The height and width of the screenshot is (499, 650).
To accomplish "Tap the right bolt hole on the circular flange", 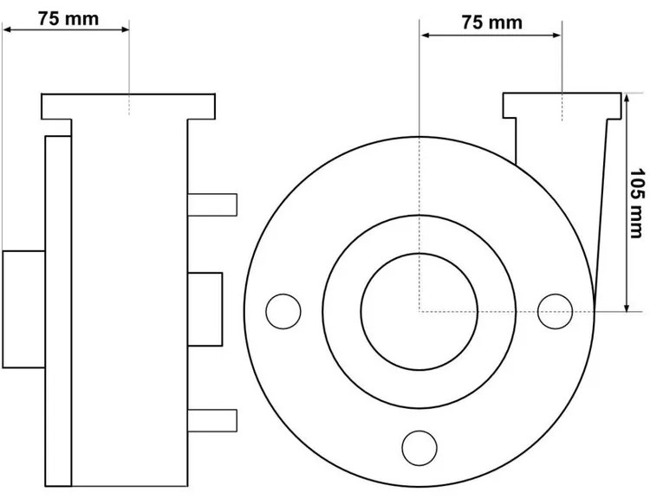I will point(555,310).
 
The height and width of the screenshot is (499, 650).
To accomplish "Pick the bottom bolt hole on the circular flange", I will point(419,446).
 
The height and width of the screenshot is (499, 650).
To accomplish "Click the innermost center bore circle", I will point(419,310).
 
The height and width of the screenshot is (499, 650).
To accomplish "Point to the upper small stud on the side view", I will point(212,204).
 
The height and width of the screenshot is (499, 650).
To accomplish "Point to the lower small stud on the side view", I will point(212,419).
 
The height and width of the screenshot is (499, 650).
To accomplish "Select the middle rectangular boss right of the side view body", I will point(205,310).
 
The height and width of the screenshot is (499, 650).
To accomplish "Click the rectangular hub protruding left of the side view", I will point(23,309).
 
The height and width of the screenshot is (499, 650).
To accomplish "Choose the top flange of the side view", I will point(128,106).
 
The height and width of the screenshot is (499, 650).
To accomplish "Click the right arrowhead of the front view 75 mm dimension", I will point(557,36).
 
